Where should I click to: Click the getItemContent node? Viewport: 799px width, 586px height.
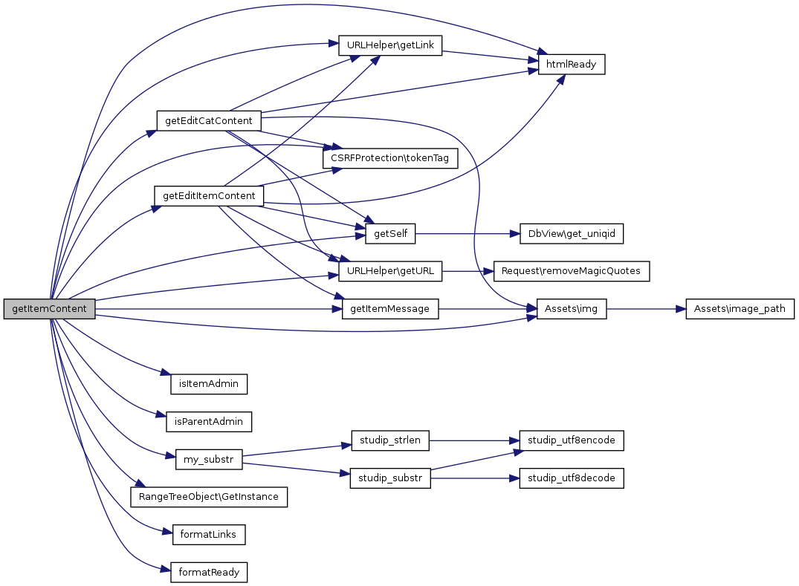coord(50,309)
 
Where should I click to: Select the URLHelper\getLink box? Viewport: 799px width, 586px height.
coord(390,45)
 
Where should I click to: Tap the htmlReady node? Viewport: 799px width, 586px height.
coord(572,65)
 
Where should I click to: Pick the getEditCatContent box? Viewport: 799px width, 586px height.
coord(208,120)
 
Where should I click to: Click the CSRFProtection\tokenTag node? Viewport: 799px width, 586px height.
coord(389,158)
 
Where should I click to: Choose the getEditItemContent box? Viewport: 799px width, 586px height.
coord(208,196)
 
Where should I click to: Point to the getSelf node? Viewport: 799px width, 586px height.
coord(390,234)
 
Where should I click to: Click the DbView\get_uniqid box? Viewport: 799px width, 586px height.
coord(571,234)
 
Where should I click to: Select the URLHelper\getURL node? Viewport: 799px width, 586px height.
coord(390,272)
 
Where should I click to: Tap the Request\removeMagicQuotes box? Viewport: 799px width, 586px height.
coord(572,272)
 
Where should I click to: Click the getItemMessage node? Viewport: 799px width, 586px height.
coord(390,309)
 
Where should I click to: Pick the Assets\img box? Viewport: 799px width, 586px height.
coord(572,309)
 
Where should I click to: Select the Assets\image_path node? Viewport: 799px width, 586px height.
coord(740,309)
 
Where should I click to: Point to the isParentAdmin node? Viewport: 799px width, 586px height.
coord(208,422)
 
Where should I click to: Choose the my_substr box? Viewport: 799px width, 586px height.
coord(208,460)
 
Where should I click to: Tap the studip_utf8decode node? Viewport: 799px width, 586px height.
coord(572,478)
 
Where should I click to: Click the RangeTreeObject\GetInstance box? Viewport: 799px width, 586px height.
coord(208,497)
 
